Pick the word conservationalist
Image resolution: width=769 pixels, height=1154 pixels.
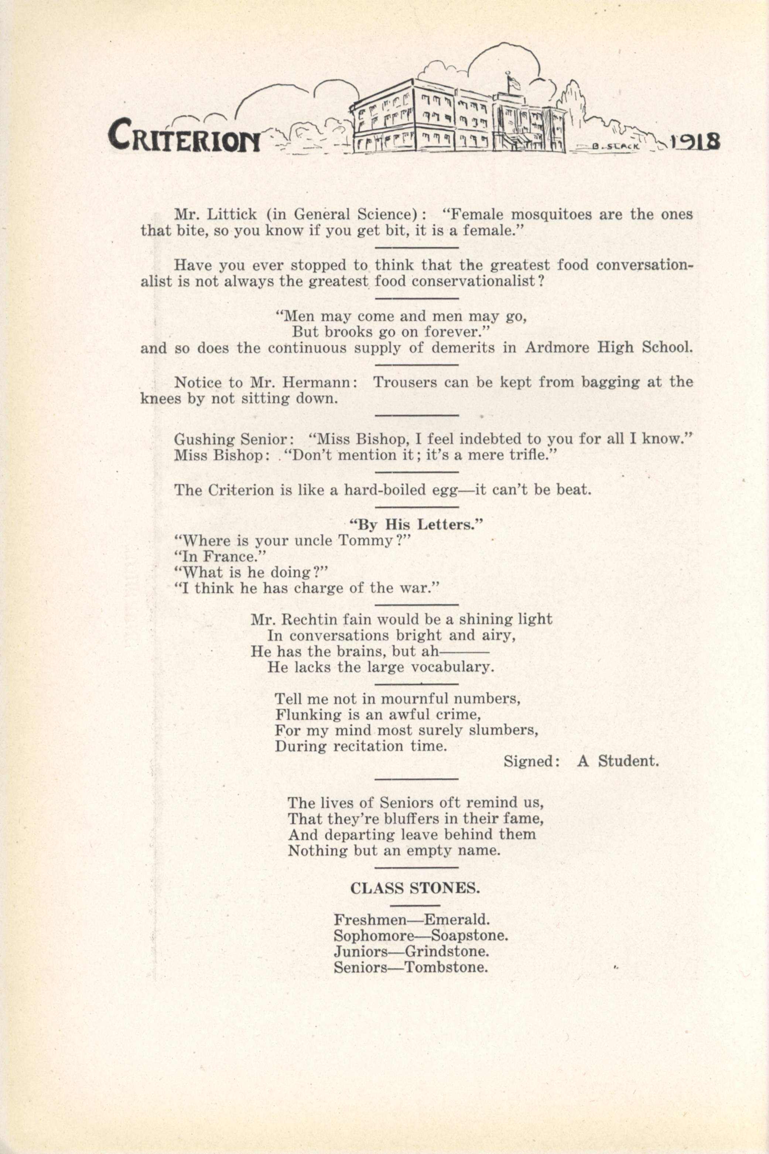(x=474, y=282)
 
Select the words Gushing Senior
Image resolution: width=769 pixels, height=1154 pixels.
(x=233, y=438)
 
